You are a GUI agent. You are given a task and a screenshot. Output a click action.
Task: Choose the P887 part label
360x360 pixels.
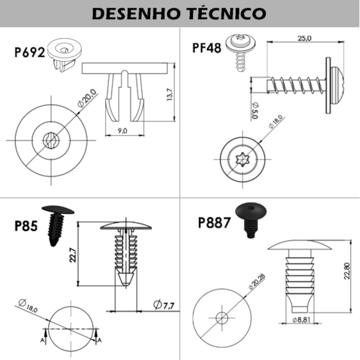click(215, 222)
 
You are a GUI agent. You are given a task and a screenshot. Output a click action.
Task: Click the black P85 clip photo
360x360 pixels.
click(57, 224)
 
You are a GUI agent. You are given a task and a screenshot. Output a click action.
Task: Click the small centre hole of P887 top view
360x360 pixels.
click(221, 316)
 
